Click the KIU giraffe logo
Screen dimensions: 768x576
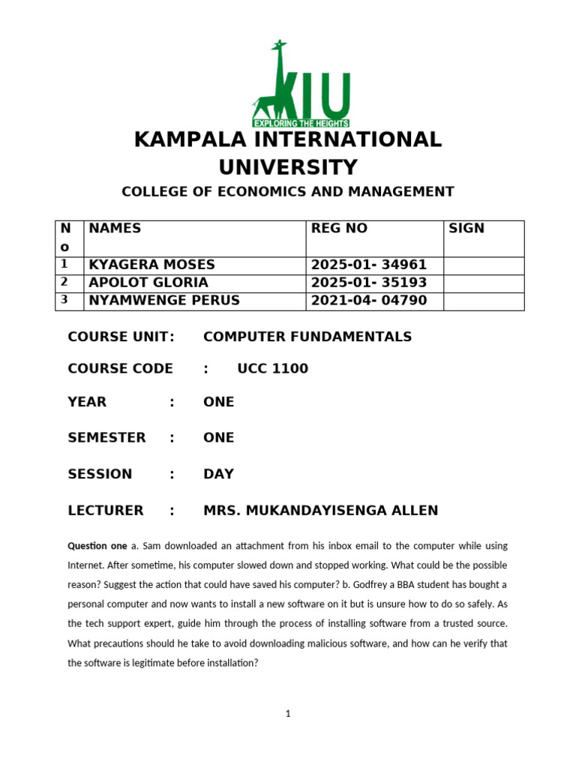point(300,84)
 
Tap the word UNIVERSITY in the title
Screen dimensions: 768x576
point(287,166)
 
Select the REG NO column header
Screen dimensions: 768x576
point(339,229)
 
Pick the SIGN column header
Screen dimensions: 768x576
point(466,229)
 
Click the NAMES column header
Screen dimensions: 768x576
point(115,229)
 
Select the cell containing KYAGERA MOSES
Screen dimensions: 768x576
point(151,265)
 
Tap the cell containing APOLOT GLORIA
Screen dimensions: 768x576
point(148,283)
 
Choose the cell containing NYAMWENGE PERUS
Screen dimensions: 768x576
point(164,301)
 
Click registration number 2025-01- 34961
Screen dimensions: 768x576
point(368,265)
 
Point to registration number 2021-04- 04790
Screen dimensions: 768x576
point(368,301)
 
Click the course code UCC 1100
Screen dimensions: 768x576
point(272,369)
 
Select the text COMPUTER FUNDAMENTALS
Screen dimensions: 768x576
point(307,337)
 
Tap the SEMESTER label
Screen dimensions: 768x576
point(106,438)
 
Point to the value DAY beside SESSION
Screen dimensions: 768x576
point(218,474)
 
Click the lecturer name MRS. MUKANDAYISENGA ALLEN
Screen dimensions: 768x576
point(320,511)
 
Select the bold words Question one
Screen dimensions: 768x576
point(97,545)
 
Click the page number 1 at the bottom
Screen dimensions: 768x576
point(287,714)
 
